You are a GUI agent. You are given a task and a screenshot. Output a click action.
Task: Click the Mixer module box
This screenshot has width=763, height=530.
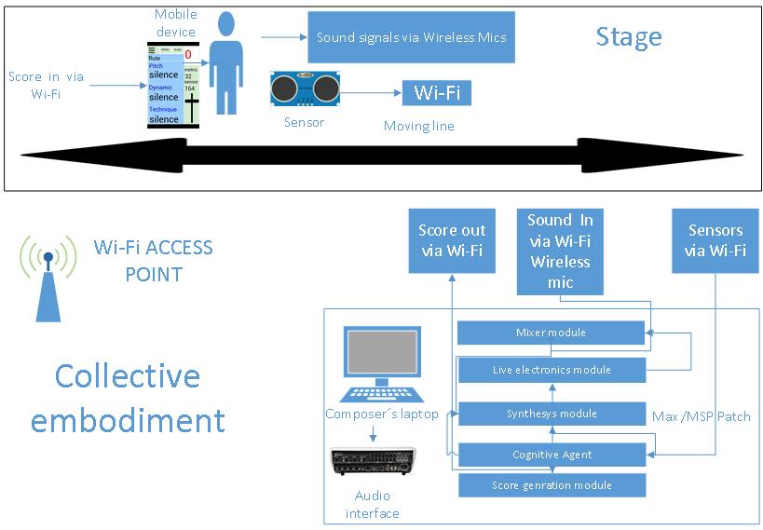tap(552, 332)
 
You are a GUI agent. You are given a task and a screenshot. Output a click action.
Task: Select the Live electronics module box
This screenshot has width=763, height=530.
tap(552, 370)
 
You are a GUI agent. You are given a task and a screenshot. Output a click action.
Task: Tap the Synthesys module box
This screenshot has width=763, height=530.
tap(552, 413)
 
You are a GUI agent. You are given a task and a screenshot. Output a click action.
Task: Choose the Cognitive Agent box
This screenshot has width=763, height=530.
tap(552, 455)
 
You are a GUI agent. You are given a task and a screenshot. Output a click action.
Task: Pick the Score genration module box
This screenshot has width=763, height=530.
tap(552, 485)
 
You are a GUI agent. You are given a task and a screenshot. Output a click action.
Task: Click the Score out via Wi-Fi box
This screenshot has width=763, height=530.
tap(451, 240)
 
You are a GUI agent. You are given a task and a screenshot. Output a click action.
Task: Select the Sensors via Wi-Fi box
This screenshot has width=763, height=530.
tap(715, 240)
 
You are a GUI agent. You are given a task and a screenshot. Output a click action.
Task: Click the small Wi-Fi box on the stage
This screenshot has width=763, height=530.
tap(436, 92)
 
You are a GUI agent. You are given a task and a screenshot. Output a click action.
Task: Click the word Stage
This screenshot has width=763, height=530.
tap(629, 36)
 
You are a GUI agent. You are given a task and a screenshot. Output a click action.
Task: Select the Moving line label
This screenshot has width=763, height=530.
tap(419, 126)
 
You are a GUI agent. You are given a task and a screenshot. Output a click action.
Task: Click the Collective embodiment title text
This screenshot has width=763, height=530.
tap(128, 398)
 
